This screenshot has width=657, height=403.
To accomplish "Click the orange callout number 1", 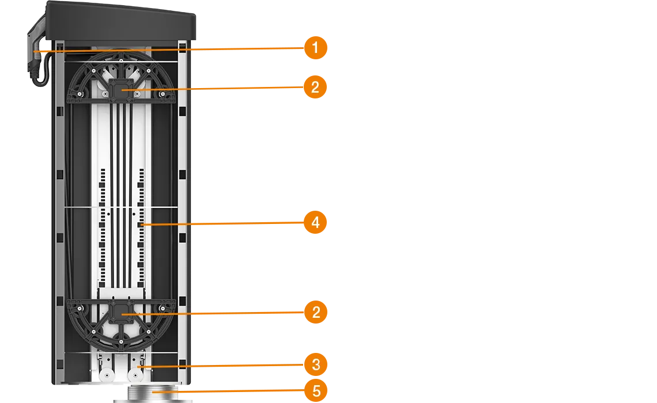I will click(x=314, y=48).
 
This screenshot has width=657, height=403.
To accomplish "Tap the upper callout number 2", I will click(x=314, y=88).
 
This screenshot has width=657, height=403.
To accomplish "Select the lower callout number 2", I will click(x=315, y=313).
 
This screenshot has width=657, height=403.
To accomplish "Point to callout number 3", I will click(x=315, y=364).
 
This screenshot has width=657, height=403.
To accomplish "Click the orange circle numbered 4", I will click(x=315, y=222).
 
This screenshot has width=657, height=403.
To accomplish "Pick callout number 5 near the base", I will click(x=316, y=392).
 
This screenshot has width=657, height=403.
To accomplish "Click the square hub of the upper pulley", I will click(x=121, y=90).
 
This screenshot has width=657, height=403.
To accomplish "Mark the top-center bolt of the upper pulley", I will click(x=121, y=59).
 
